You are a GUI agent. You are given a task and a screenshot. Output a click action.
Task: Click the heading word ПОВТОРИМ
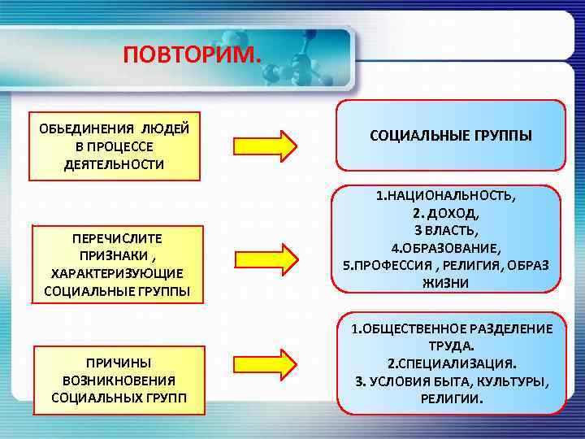pos(193,55)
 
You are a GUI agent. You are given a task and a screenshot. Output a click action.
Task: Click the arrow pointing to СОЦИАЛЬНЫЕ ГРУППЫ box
pos(266,146)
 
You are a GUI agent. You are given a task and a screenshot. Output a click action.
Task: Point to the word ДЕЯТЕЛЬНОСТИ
pos(114,164)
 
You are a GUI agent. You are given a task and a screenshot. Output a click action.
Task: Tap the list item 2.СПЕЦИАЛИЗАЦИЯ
pos(450,363)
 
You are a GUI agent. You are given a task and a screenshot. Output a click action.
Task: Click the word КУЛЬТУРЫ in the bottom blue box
pos(513,380)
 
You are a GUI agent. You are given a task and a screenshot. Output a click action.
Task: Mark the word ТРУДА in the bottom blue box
pos(450,346)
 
